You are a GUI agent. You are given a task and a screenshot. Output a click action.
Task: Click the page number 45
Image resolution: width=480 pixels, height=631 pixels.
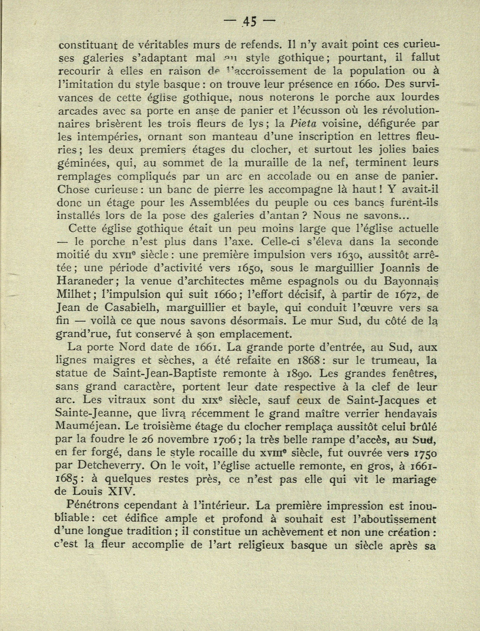249,22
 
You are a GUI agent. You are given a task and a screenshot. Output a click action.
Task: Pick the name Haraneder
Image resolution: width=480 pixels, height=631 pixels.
89,281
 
